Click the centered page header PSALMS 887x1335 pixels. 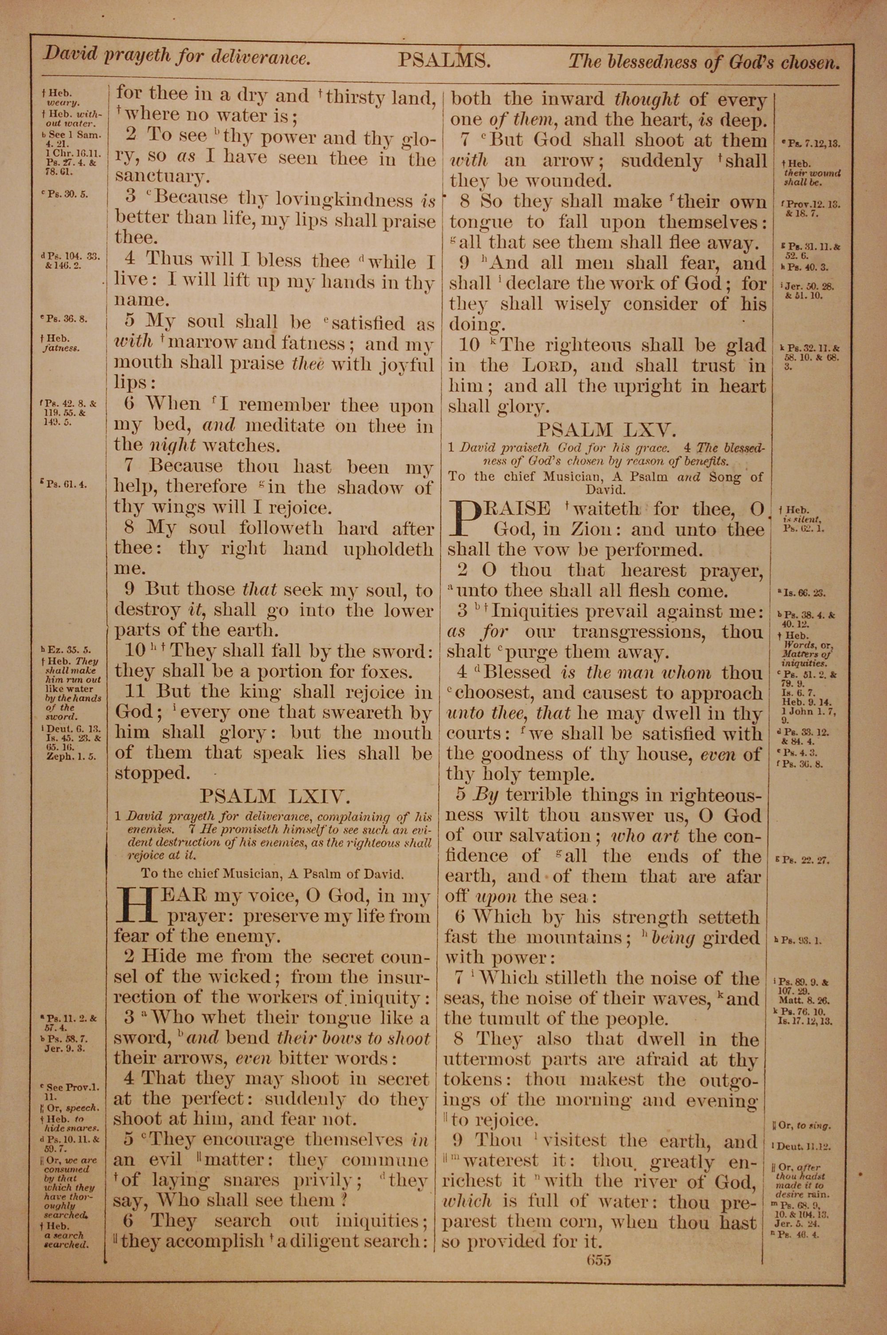[443, 60]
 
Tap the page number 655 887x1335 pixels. [598, 1275]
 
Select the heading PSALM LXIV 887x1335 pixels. [275, 796]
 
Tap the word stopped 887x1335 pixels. [152, 774]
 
